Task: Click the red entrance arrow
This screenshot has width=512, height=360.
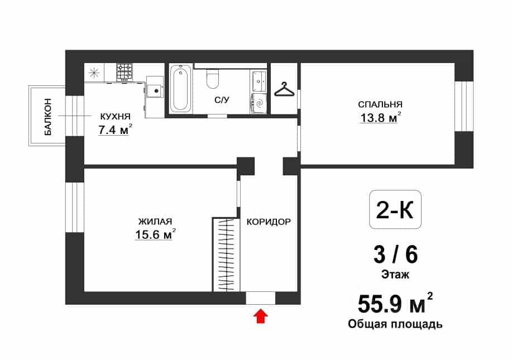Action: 261,316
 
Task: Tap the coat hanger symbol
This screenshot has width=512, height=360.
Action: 284,89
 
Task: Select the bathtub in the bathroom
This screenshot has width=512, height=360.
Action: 180,88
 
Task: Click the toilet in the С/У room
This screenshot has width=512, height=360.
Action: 213,79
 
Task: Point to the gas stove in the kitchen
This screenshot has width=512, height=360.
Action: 125,72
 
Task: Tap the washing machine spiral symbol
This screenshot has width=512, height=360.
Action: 259,103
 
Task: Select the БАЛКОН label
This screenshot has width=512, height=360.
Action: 48,117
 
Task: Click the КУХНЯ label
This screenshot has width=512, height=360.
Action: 115,116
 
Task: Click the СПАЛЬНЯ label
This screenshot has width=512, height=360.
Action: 380,104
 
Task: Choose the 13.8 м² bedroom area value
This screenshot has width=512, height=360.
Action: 380,117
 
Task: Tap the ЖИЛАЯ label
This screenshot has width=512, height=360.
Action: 155,222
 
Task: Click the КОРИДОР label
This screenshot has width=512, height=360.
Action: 269,222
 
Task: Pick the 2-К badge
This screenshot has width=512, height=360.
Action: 395,209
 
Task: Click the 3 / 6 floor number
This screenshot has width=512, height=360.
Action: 395,255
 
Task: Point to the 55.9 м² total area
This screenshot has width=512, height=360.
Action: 395,303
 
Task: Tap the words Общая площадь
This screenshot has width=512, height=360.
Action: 395,324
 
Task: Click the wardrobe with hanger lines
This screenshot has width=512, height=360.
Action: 226,255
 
